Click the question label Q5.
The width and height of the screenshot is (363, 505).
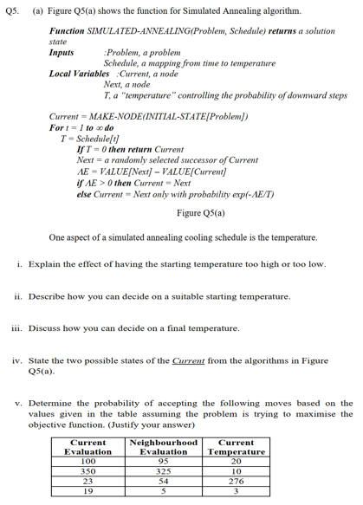pyautogui.click(x=10, y=10)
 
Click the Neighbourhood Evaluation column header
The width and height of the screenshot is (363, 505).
pyautogui.click(x=163, y=447)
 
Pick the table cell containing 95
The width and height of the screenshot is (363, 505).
pyautogui.click(x=163, y=461)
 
